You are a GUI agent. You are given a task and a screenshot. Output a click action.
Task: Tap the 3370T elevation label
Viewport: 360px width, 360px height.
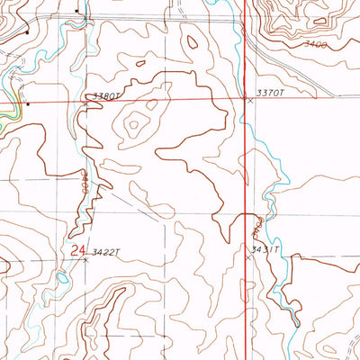(269, 92)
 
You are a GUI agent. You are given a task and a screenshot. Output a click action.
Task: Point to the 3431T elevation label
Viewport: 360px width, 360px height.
(266, 249)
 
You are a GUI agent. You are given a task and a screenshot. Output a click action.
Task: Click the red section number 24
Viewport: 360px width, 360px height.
(77, 253)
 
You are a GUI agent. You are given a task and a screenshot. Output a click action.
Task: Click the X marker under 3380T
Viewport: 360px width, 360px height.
(87, 104)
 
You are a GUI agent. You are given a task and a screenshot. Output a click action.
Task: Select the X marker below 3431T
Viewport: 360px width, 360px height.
(249, 257)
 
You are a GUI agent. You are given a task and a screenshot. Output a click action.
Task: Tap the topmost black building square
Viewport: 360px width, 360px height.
(77, 12)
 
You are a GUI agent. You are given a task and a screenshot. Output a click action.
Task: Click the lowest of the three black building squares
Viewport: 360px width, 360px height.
(28, 103)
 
